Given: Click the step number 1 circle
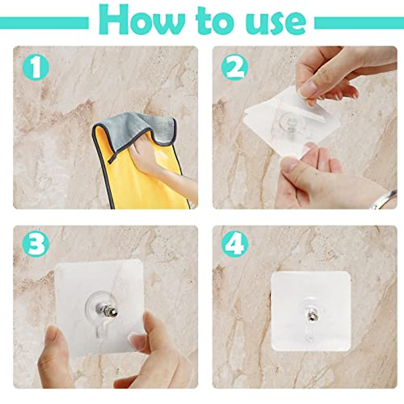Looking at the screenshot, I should click(x=35, y=68).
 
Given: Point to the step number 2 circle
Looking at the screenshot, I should click(x=234, y=68).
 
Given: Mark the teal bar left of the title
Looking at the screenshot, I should click(x=44, y=23).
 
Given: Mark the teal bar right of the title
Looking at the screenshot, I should click(x=359, y=23).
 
